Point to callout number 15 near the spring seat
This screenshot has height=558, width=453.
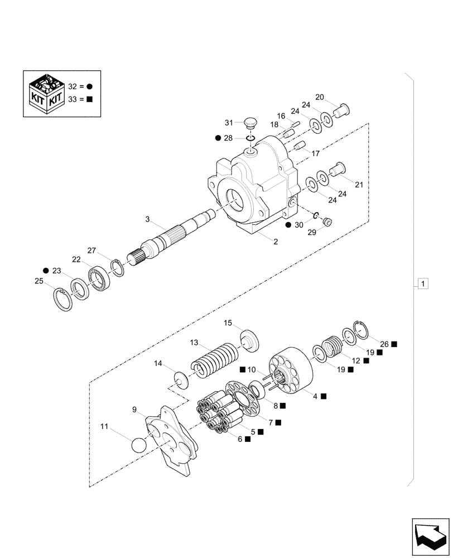click(228, 323)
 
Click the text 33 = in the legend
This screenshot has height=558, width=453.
click(76, 100)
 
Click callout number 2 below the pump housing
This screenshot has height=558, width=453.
click(275, 241)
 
